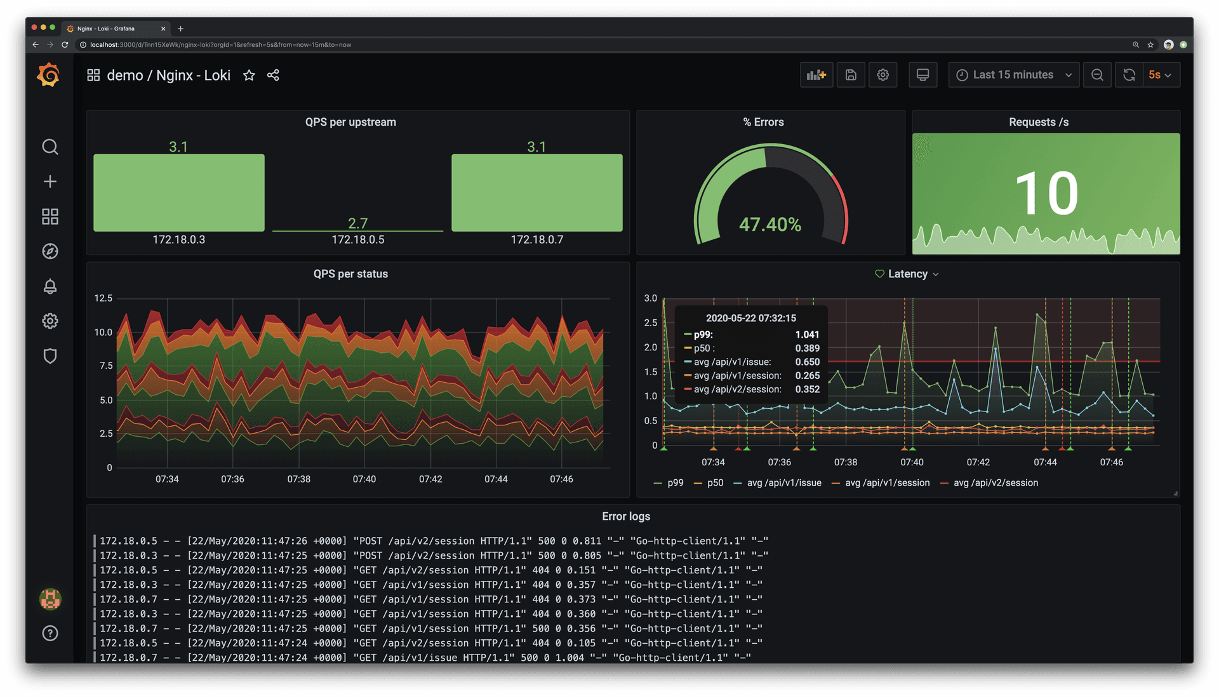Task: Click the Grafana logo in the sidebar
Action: (49, 75)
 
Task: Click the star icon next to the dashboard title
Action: (249, 76)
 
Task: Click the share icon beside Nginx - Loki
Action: (273, 76)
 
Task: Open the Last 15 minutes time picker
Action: (1013, 75)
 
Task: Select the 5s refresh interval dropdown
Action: (1159, 75)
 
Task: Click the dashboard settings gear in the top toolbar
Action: (883, 75)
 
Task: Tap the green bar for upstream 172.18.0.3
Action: (179, 192)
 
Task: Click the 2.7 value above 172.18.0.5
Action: (357, 223)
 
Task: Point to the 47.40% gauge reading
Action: (769, 224)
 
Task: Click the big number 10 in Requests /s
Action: (1046, 193)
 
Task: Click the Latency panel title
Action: (907, 274)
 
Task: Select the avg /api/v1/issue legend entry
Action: (783, 483)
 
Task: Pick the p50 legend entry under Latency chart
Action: (715, 483)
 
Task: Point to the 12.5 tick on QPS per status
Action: (103, 298)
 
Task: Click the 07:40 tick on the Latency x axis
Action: (912, 462)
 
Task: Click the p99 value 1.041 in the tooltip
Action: (807, 335)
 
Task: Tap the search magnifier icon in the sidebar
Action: (50, 147)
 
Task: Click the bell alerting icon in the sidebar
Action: (50, 286)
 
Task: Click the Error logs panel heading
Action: (625, 516)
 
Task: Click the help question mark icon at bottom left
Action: (50, 633)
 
